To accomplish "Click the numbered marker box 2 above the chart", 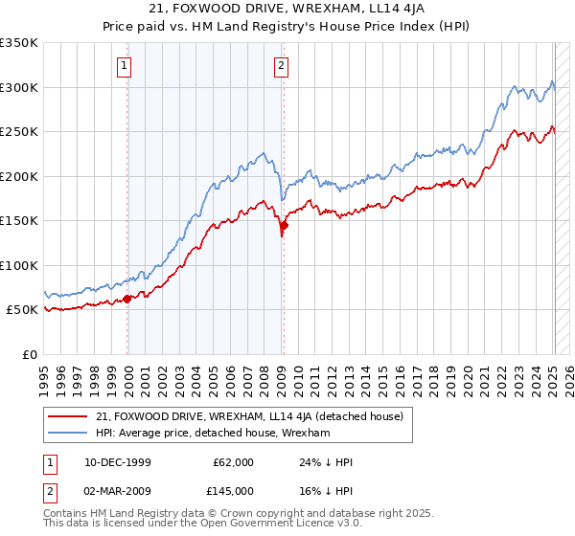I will (x=281, y=66).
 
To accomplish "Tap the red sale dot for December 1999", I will (x=127, y=299).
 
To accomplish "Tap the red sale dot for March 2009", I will (x=284, y=226).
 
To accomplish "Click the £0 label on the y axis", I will (x=31, y=354).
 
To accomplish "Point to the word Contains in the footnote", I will (x=68, y=515).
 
